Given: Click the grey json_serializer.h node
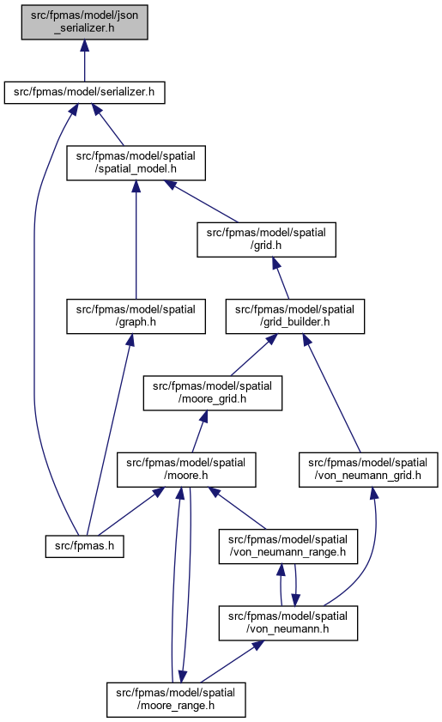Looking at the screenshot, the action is [x=84, y=22].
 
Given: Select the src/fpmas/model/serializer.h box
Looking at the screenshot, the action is [x=84, y=92].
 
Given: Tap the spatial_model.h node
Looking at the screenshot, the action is [x=136, y=163].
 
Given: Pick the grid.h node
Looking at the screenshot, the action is [x=266, y=240].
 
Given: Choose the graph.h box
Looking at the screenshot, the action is [x=136, y=316].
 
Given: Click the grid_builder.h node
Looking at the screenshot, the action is [x=294, y=316].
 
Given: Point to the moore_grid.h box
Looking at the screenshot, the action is [x=212, y=393].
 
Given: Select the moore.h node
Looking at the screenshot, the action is [x=186, y=470].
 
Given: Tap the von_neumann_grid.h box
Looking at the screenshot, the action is [x=368, y=470].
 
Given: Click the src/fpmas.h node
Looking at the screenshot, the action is [x=84, y=546].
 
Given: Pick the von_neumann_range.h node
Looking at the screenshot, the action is [x=288, y=546].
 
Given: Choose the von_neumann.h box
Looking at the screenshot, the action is [x=288, y=623].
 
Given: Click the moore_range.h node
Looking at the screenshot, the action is [x=176, y=700].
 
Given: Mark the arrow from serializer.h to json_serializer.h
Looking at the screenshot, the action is [x=84, y=61].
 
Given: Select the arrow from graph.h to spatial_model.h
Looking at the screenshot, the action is [x=136, y=240].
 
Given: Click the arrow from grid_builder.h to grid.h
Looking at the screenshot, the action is [x=281, y=278].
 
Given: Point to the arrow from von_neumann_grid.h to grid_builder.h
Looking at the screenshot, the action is [x=331, y=393].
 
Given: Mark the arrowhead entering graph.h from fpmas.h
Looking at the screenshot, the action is [x=130, y=340].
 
